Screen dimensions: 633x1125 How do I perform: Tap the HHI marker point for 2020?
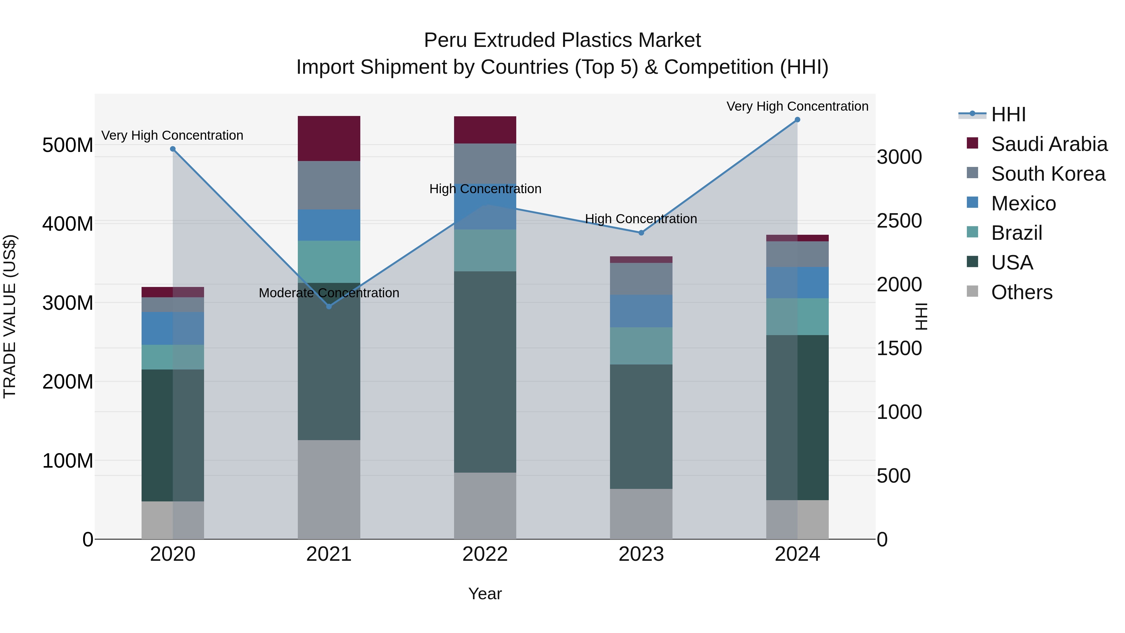coord(172,149)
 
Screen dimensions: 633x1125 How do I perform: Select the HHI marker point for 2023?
coord(641,233)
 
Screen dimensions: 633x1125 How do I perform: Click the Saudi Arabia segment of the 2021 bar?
coord(329,138)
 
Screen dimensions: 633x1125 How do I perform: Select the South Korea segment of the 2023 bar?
coord(641,279)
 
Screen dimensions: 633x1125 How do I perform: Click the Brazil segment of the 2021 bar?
coord(329,262)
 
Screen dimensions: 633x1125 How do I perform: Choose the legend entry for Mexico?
coord(1023,203)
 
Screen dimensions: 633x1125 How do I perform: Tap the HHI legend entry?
coord(1008,114)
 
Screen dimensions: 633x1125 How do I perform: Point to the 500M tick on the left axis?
coord(68,145)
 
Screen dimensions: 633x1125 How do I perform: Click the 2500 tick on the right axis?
coord(899,221)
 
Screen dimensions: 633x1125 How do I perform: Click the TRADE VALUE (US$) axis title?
coord(10,317)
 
